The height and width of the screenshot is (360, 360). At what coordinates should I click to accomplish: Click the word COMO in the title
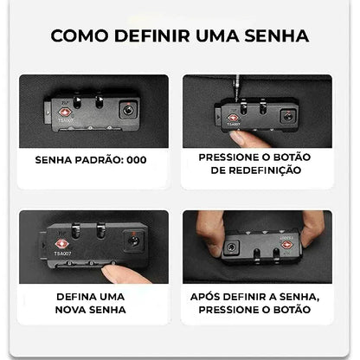pyautogui.click(x=80, y=35)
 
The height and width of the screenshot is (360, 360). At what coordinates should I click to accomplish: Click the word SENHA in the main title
pyautogui.click(x=276, y=35)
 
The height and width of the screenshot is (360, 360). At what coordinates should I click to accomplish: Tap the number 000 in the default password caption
pyautogui.click(x=137, y=160)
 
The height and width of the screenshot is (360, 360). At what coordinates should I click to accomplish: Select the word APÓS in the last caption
pyautogui.click(x=205, y=297)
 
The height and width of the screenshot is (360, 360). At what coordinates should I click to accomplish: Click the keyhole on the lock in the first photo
pyautogui.click(x=128, y=110)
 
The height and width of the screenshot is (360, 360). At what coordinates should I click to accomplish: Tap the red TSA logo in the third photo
pyautogui.click(x=61, y=245)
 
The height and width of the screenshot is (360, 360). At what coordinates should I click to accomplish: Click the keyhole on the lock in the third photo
pyautogui.click(x=133, y=241)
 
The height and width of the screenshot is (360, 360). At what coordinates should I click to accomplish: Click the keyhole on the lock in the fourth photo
pyautogui.click(x=231, y=247)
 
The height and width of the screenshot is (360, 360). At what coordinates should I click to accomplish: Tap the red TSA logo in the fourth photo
pyautogui.click(x=287, y=245)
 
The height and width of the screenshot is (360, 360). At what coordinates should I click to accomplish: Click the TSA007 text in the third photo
pyautogui.click(x=62, y=254)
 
